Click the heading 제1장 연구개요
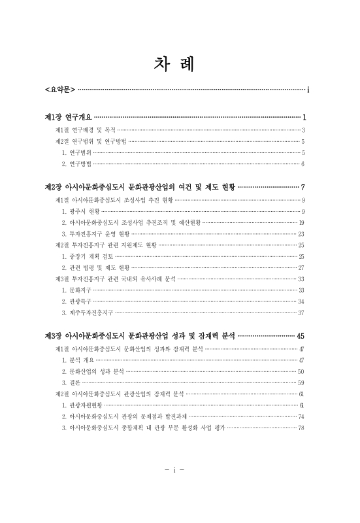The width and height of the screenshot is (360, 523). [68, 117]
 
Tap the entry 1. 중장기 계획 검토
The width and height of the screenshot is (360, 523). [87, 256]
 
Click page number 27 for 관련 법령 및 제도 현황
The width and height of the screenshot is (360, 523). [301, 267]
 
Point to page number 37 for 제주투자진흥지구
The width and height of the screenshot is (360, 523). [301, 312]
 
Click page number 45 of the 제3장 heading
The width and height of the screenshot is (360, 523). [301, 336]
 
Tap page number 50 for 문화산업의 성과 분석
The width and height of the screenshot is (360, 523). [301, 371]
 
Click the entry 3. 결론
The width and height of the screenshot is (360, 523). [71, 382]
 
